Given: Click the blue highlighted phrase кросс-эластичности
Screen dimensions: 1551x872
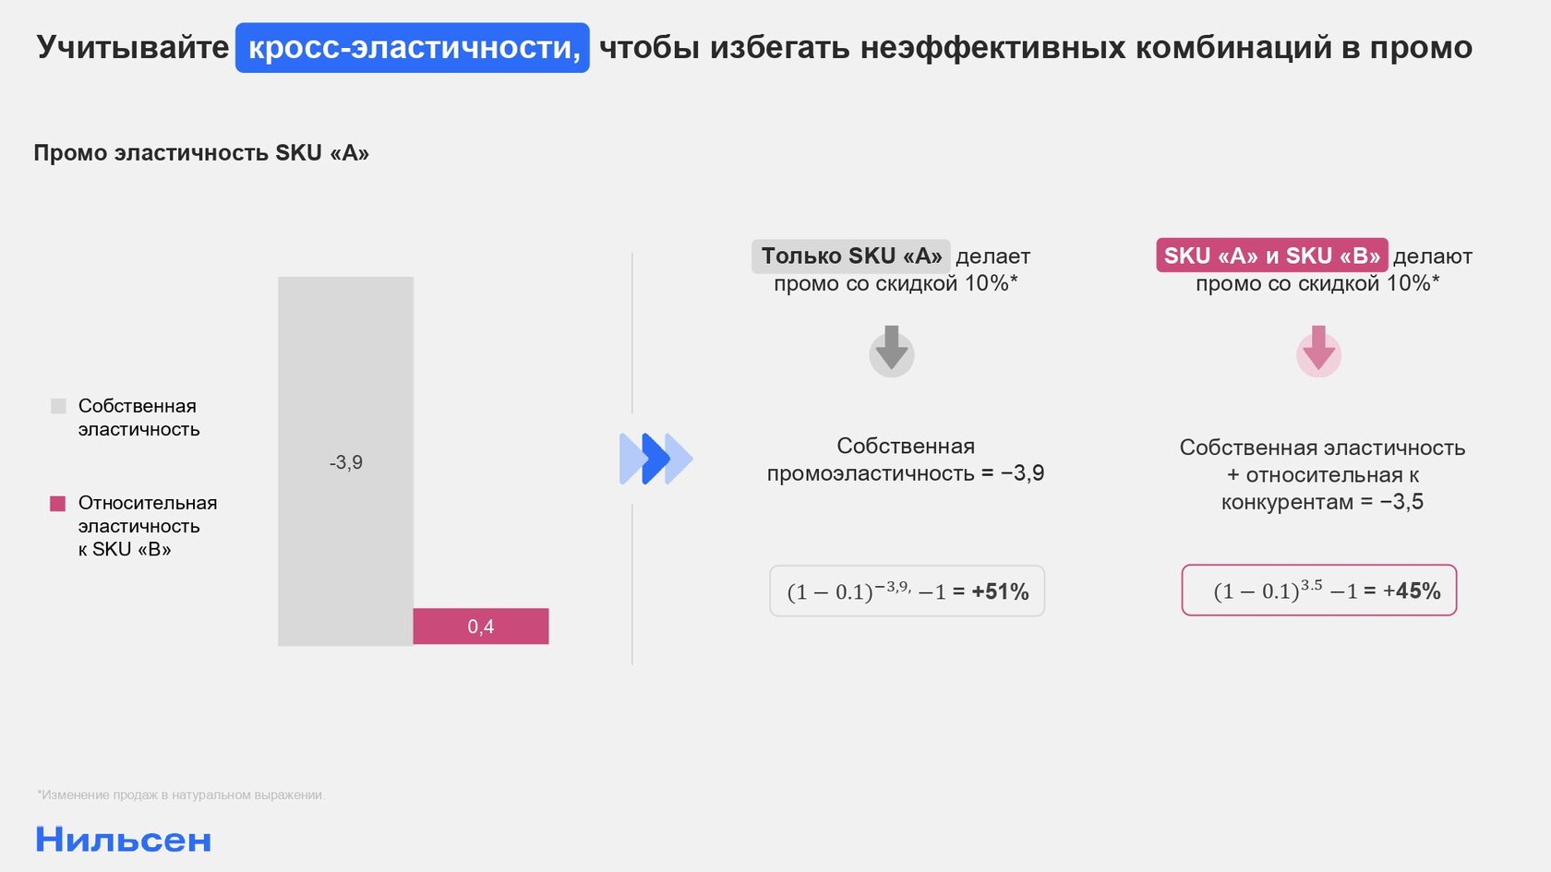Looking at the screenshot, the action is [413, 48].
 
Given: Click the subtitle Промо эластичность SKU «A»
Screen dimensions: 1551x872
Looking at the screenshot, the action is [201, 153].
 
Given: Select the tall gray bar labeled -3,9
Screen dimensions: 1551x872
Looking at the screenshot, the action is [345, 461].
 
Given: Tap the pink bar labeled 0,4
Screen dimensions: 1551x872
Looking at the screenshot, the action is [480, 627].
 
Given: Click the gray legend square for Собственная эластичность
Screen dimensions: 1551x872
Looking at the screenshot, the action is [58, 406].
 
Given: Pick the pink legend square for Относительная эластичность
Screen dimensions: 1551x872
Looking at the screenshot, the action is [57, 503].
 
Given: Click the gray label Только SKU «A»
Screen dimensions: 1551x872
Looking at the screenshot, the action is [851, 257].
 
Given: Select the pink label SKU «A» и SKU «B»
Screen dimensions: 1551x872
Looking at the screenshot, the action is [1272, 256].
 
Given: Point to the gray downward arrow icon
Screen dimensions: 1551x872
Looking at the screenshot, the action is [892, 352].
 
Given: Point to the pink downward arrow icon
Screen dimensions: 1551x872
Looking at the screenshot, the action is [1319, 352].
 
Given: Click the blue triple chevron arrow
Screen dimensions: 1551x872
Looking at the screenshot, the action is [655, 459].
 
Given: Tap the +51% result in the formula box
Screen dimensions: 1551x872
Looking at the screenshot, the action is [1000, 591].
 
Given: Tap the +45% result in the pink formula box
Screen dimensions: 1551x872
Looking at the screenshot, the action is [1412, 591].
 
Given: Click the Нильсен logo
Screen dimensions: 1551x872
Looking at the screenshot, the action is [124, 840].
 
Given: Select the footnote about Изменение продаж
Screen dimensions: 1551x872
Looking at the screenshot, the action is [181, 794].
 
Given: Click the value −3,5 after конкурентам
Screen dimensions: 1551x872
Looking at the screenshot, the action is [1401, 502].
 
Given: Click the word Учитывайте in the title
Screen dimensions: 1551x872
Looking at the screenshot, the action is [132, 48].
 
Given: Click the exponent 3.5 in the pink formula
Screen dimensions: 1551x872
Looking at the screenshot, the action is [1311, 585].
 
